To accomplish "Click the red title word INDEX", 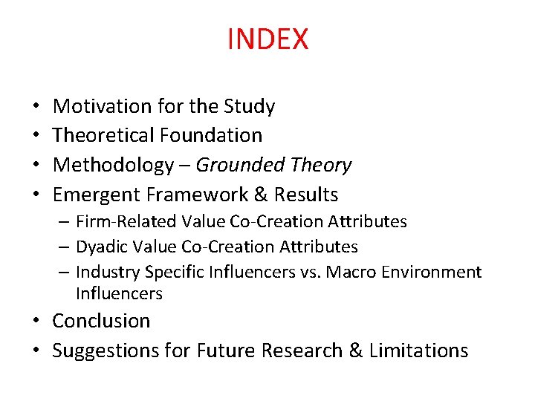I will [x=267, y=39].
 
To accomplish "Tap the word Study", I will [x=250, y=106].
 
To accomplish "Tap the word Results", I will [x=306, y=195].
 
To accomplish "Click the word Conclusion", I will [x=101, y=321].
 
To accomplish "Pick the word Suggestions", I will [x=107, y=351].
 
